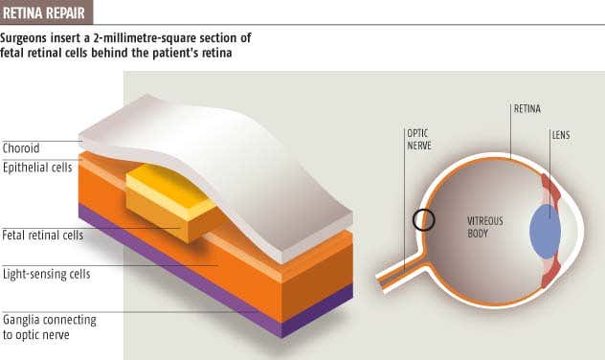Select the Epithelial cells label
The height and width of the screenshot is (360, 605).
click(37, 167)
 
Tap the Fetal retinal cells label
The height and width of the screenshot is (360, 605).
click(43, 235)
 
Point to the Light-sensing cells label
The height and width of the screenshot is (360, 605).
click(47, 274)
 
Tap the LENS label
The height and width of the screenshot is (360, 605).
click(560, 135)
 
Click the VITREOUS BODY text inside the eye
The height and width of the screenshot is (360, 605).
click(484, 226)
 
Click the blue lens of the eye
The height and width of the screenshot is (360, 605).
click(545, 230)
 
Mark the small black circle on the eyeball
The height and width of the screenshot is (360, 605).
click(424, 220)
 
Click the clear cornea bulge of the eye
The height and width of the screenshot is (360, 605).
click(569, 230)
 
